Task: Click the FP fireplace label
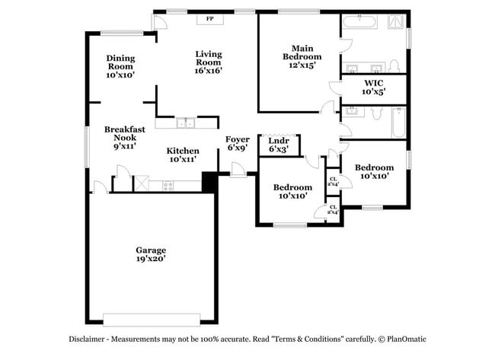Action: pos(209,18)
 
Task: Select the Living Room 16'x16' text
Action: pos(208,60)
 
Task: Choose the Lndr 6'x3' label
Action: pos(279,145)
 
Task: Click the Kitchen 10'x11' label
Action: pos(183,155)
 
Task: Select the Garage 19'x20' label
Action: pos(151,254)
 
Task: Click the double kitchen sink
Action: pos(187,123)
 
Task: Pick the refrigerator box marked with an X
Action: pos(142,183)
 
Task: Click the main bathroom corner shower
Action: pos(394,23)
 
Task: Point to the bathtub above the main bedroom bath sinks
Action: pos(358,22)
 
